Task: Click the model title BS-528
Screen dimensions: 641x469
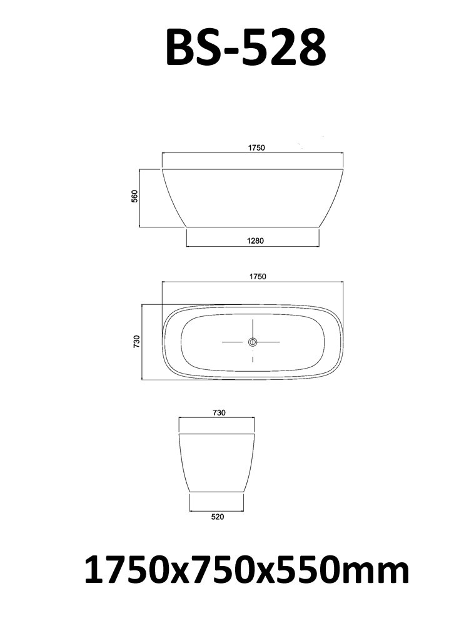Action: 245,48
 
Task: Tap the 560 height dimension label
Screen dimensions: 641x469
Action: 134,197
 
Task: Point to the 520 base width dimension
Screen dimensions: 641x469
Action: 217,517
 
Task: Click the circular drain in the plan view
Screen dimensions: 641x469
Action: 253,342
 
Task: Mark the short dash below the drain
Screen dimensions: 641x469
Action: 253,360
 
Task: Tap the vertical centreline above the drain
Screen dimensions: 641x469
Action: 253,327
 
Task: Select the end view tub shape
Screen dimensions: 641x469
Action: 217,459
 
